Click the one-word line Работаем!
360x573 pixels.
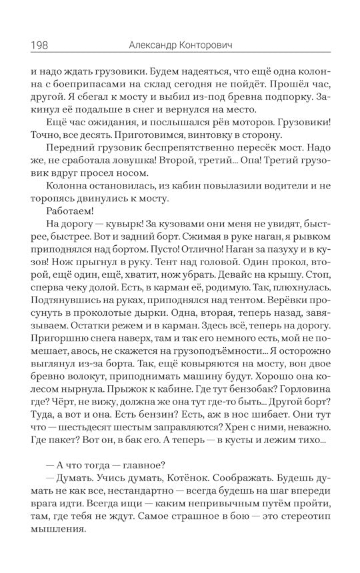pyautogui.click(x=69, y=223)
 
